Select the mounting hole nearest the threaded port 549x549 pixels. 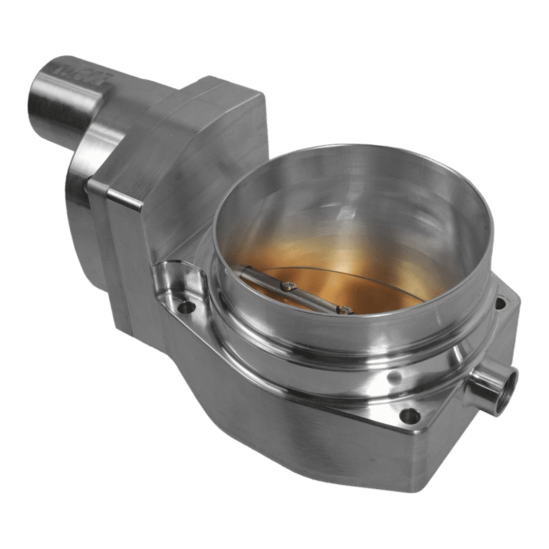[x=410, y=416]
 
